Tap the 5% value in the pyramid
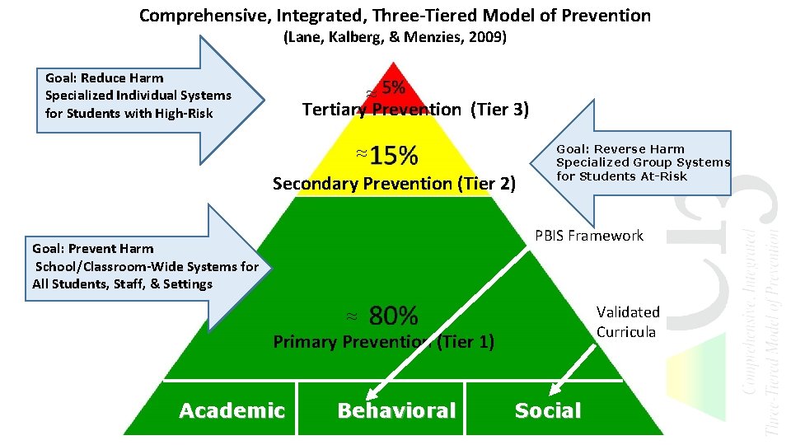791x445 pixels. pos(393,88)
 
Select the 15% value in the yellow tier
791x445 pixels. pos(393,155)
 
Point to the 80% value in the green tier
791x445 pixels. pos(393,315)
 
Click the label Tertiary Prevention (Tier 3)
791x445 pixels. pos(415,110)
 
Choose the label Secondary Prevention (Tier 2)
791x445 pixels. pos(394,184)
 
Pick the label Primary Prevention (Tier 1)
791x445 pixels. pos(383,342)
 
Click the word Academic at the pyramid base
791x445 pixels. pos(232,410)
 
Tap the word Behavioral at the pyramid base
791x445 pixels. pos(395,410)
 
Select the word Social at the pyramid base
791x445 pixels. pos(547,410)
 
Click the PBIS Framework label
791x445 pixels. pos(588,236)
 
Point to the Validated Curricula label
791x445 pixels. pos(628,322)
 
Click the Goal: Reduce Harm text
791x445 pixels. pos(105,78)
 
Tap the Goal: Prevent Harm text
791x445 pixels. pos(92,248)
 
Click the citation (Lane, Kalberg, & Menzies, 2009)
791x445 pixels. pos(395,37)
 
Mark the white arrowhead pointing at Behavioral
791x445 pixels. pos(372,394)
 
